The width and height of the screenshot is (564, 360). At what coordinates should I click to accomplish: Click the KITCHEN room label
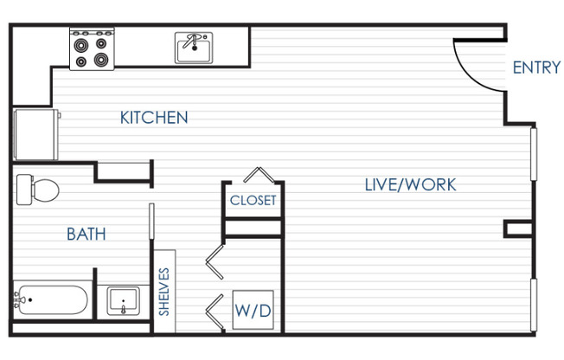coord(154,118)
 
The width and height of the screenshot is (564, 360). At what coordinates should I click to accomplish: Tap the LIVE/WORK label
coord(410,184)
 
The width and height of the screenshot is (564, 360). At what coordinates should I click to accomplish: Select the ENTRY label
coord(536,67)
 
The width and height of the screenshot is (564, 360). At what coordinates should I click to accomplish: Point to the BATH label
coord(86,234)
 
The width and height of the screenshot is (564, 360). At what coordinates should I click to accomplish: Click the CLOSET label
coord(253,201)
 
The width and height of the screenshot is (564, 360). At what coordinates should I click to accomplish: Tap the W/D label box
coord(253,310)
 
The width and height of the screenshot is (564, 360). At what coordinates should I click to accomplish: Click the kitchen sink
coord(196,49)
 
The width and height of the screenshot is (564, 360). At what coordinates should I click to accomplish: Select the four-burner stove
coord(93,48)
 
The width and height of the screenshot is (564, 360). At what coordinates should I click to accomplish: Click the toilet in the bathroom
coord(39,189)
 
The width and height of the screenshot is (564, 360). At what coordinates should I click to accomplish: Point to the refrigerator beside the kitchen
coord(35,134)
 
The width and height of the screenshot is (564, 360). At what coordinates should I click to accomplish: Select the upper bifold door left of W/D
coord(215,260)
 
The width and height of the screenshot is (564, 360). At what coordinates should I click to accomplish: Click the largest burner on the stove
coord(103,59)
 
